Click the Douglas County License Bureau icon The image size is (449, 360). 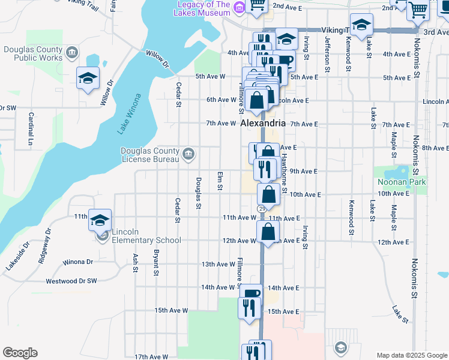(x=188, y=154)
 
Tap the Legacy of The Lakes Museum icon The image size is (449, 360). (x=239, y=7)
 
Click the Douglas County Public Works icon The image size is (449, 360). (x=72, y=53)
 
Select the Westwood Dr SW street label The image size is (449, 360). (x=71, y=281)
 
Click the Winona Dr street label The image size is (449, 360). (x=79, y=262)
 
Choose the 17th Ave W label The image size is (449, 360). (x=151, y=356)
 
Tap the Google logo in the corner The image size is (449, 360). (x=20, y=353)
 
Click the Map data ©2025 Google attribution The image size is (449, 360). (x=412, y=355)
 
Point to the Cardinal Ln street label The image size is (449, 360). (x=30, y=131)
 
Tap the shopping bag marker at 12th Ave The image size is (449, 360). (x=268, y=231)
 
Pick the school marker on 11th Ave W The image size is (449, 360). (x=100, y=220)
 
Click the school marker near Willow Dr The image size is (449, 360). (x=88, y=79)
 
